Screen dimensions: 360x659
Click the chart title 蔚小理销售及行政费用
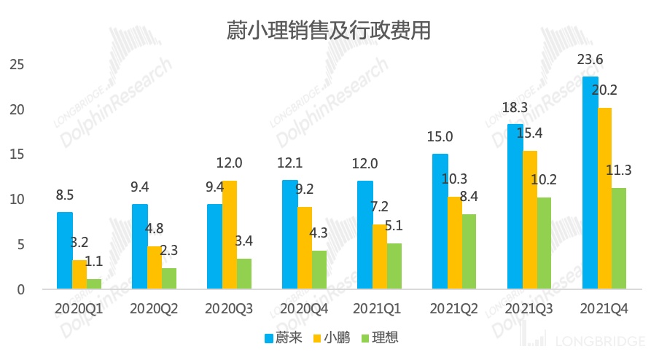(x=327, y=30)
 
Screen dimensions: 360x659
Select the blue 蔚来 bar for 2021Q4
(x=590, y=182)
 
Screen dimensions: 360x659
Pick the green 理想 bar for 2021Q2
(x=469, y=251)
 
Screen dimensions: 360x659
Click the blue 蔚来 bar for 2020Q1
(x=65, y=250)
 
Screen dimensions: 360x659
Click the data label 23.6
(x=590, y=60)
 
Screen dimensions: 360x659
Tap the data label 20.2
(x=604, y=90)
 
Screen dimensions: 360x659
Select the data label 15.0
(x=440, y=137)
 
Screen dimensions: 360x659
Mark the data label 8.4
(x=469, y=197)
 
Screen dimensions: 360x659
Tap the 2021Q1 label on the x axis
(x=379, y=309)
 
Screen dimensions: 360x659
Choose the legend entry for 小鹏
(x=332, y=337)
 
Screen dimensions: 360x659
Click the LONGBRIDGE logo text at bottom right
(x=600, y=341)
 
